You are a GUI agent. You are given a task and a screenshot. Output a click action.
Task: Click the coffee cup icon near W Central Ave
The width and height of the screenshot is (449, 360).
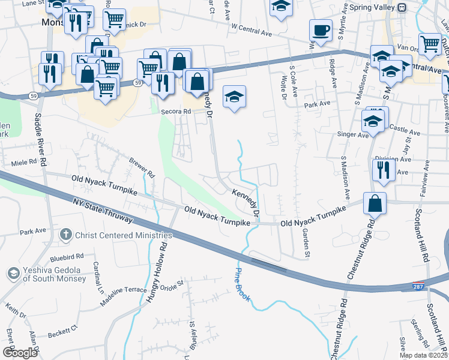(x=321, y=30)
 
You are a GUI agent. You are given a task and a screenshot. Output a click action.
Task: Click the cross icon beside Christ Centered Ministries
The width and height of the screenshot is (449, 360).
(x=66, y=235)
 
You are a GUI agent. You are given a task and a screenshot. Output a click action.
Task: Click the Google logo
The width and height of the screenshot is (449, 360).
(x=19, y=353)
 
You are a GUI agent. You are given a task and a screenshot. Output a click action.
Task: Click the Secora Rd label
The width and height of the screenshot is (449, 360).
(x=175, y=112)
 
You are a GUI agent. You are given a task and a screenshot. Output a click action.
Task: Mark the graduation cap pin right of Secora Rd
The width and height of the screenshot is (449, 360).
(x=234, y=97)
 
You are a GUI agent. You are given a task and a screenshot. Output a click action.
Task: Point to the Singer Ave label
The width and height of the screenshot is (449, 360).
(x=354, y=135)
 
